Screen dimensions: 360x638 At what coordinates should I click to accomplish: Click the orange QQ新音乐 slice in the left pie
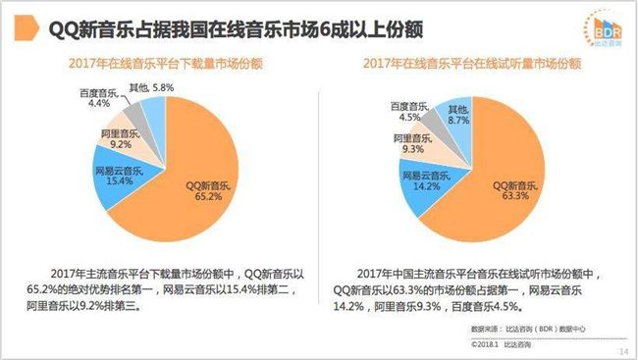pos(196,196)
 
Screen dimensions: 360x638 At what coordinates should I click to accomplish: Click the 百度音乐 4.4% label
pos(98,98)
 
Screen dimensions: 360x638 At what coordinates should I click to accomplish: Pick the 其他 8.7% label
pos(458,115)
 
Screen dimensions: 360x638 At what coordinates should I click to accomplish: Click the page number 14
pos(621,350)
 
